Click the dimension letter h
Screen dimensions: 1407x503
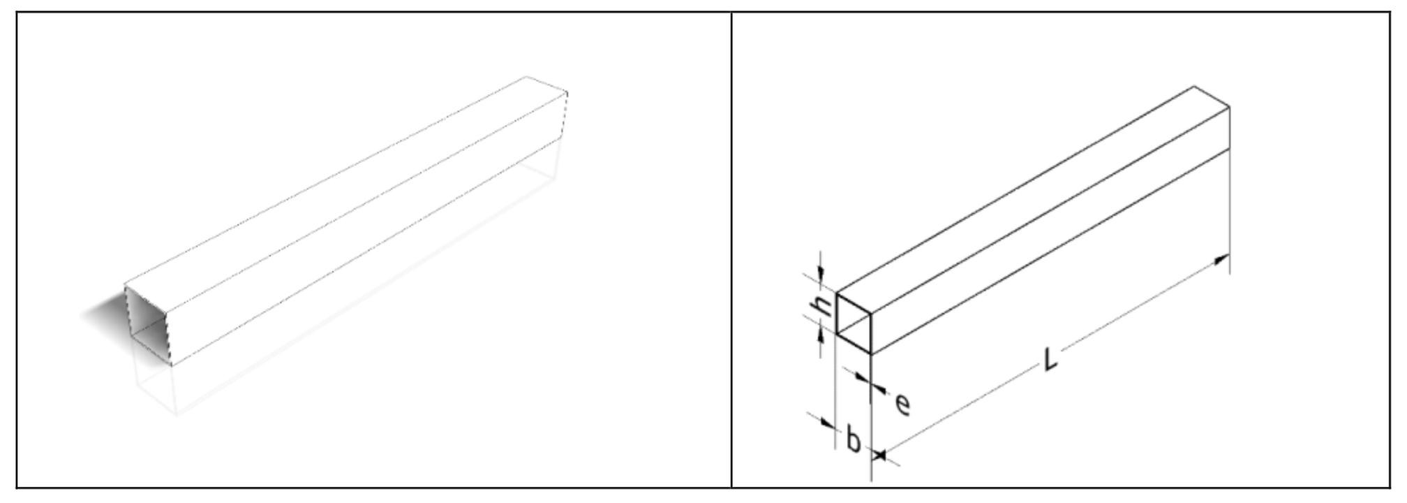pyautogui.click(x=824, y=305)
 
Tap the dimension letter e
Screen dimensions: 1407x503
pyautogui.click(x=902, y=404)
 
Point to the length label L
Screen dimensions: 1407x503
pyautogui.click(x=1050, y=359)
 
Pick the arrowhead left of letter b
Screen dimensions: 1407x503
pyautogui.click(x=828, y=423)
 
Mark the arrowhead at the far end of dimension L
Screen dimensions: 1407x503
pyautogui.click(x=1220, y=260)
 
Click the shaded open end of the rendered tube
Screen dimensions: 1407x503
pyautogui.click(x=148, y=325)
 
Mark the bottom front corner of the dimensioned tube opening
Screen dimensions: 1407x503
pyautogui.click(x=872, y=354)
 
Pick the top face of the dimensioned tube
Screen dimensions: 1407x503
pyautogui.click(x=1033, y=201)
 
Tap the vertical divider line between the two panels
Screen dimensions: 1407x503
pyautogui.click(x=731, y=249)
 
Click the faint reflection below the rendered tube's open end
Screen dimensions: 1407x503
pyautogui.click(x=155, y=388)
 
